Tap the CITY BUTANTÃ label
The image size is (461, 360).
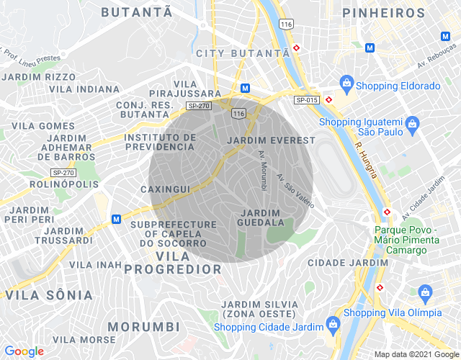(242, 54)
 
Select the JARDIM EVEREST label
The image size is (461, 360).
(271, 140)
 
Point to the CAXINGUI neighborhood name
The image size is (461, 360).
(165, 189)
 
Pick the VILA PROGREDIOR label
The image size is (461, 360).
(173, 263)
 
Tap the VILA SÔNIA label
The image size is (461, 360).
(49, 295)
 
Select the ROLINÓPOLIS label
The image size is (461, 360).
(64, 184)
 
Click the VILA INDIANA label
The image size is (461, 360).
(84, 89)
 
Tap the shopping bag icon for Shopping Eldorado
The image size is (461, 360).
(346, 84)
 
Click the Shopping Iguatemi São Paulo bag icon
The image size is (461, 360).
(412, 125)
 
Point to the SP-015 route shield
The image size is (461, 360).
(306, 99)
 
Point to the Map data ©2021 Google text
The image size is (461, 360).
(416, 354)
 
